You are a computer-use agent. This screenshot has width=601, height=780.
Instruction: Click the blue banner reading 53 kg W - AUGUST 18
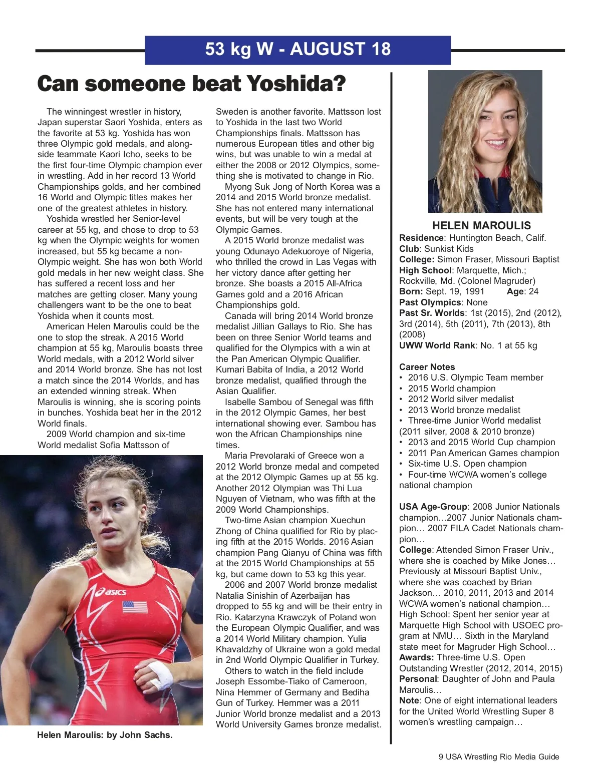click(x=297, y=50)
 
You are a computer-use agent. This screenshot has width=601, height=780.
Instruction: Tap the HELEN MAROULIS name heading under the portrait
click(x=481, y=226)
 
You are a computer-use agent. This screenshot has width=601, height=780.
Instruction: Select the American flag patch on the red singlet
click(x=135, y=607)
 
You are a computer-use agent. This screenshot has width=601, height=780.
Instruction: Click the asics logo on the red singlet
click(x=111, y=592)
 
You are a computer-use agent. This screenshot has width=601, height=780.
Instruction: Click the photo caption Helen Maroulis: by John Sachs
click(x=105, y=735)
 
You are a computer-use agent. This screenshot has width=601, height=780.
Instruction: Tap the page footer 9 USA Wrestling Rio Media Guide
click(x=499, y=756)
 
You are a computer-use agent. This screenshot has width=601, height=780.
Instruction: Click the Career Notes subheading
click(x=427, y=367)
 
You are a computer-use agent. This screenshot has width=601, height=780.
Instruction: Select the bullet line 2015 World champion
click(x=451, y=388)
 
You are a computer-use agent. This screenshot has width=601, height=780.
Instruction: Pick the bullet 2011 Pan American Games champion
click(x=483, y=453)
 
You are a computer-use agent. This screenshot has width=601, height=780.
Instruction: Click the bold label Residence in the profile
click(x=421, y=238)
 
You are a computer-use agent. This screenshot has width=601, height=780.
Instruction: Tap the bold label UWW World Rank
click(x=437, y=345)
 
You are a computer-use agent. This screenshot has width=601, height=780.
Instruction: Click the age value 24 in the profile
click(x=533, y=291)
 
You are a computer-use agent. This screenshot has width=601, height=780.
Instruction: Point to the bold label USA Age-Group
click(x=433, y=507)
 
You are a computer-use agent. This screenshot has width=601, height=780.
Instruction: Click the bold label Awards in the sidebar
click(x=416, y=657)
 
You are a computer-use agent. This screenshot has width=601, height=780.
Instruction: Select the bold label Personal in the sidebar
click(x=418, y=679)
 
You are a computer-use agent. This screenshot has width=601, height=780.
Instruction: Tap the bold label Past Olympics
click(x=430, y=302)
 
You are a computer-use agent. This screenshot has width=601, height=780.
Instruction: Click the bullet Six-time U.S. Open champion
click(x=467, y=464)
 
